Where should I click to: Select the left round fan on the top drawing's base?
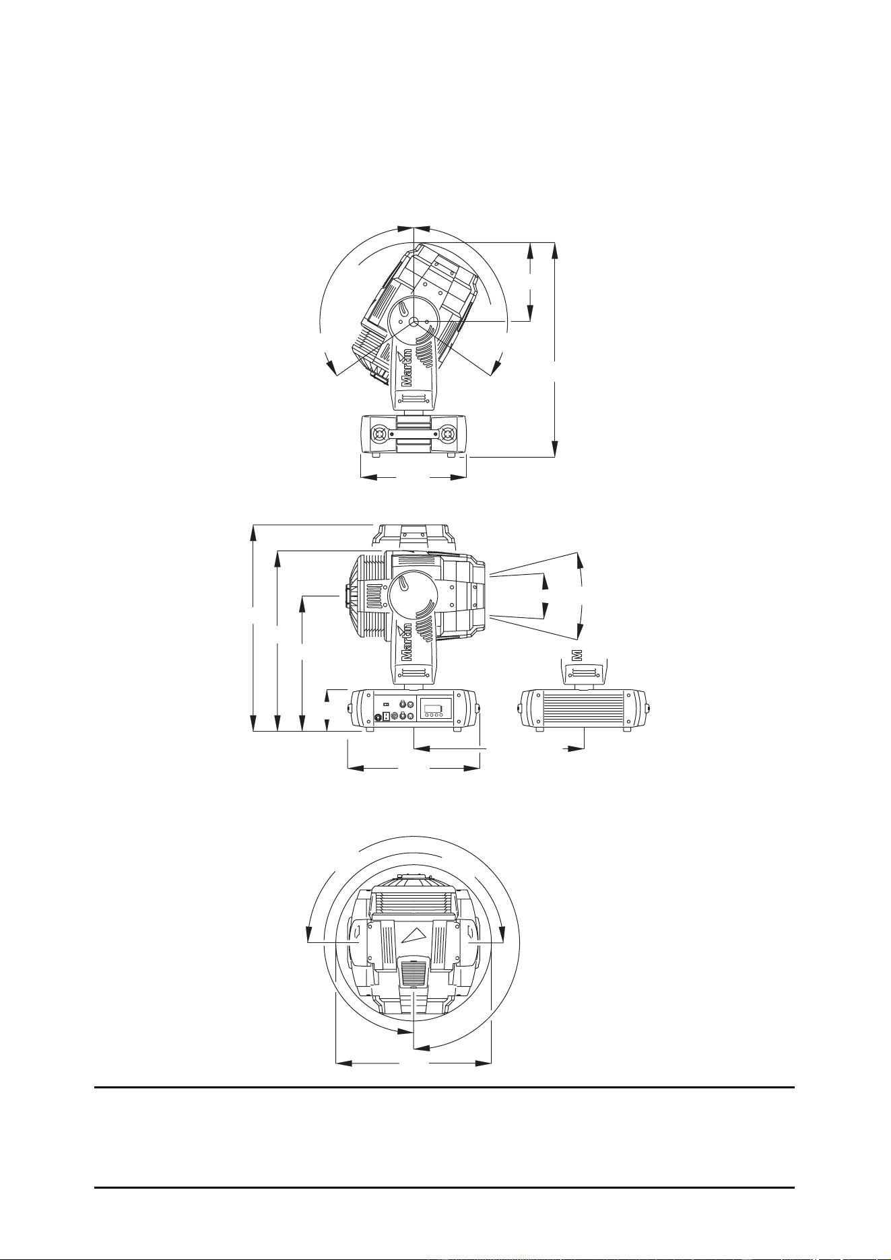(380, 434)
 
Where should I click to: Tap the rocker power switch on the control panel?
(386, 704)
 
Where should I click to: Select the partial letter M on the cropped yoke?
(576, 654)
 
